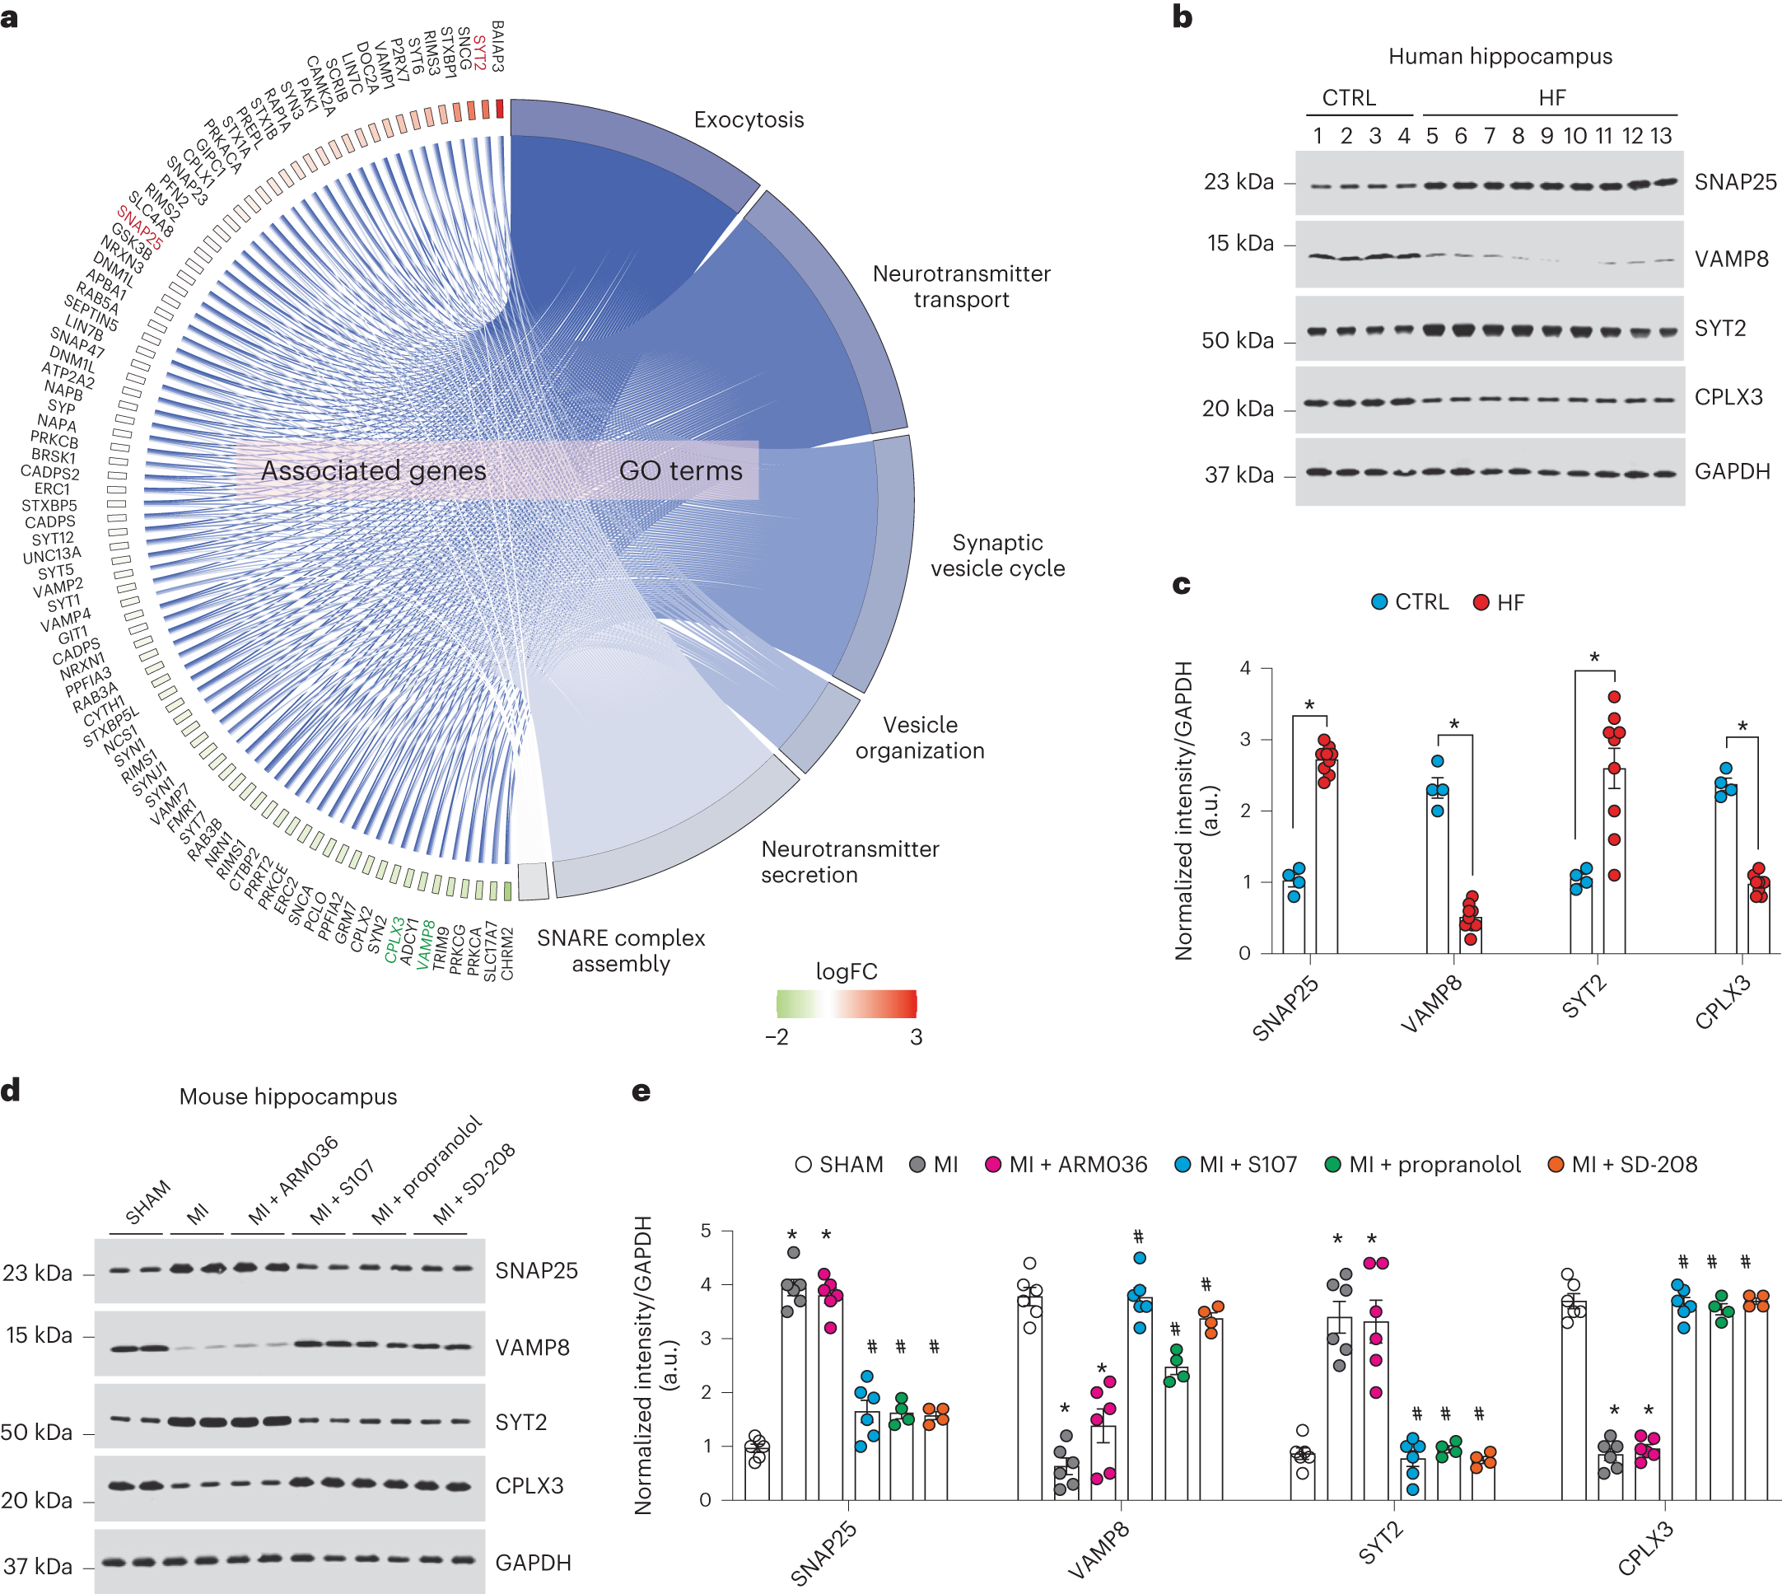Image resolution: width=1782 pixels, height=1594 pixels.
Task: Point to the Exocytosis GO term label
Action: click(x=749, y=120)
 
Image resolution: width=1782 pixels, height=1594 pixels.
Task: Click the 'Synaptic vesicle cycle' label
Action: click(x=997, y=555)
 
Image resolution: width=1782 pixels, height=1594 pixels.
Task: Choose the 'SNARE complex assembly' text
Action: click(x=621, y=951)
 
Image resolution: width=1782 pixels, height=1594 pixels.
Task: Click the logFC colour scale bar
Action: click(x=846, y=1003)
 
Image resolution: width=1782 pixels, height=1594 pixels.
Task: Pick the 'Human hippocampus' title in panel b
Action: click(x=1500, y=57)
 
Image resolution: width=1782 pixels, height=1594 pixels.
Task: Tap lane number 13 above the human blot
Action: click(x=1660, y=137)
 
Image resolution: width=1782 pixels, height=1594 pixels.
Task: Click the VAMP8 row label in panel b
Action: click(x=1731, y=259)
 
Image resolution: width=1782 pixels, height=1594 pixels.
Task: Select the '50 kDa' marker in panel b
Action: click(x=1238, y=341)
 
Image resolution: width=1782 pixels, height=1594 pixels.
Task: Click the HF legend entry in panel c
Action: click(x=1500, y=602)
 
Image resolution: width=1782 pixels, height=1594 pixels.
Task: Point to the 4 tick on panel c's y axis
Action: click(x=1244, y=669)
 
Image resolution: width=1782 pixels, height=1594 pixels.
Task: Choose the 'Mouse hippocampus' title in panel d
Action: click(x=288, y=1096)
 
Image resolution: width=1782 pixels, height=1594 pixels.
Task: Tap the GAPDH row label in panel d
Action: click(x=533, y=1563)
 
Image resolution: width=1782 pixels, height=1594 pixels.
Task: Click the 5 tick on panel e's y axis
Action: click(x=705, y=1232)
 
